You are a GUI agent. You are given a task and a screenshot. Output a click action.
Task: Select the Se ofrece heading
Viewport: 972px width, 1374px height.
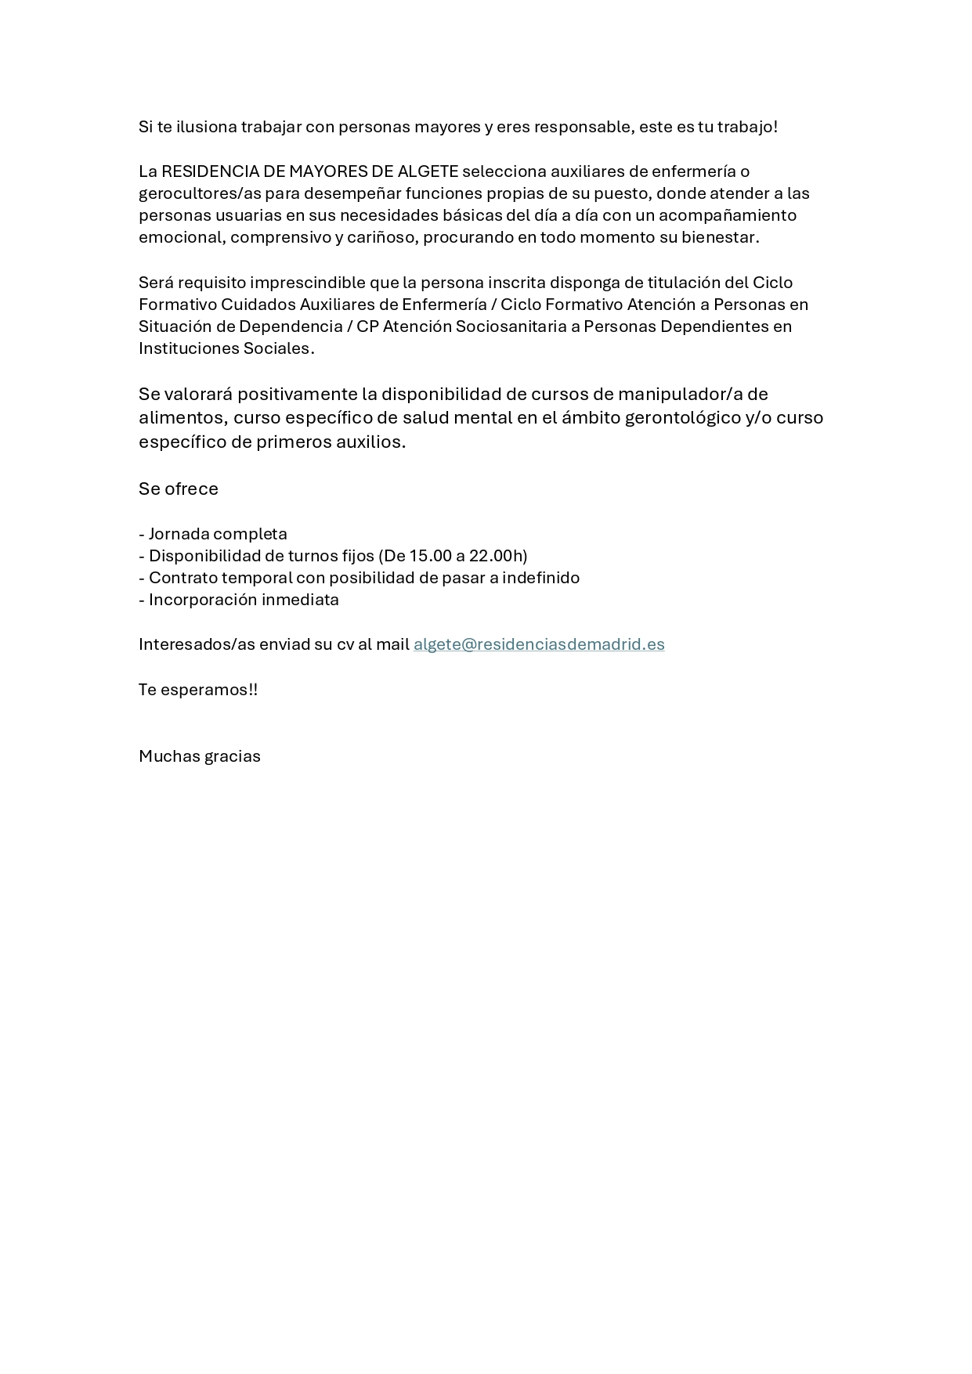(x=179, y=489)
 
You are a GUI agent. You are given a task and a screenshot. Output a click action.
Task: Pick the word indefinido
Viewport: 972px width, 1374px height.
(x=541, y=578)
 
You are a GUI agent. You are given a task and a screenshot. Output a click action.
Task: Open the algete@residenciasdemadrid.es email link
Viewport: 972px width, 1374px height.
(x=539, y=644)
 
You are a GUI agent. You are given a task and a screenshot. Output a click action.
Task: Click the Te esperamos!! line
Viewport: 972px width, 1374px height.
(x=198, y=690)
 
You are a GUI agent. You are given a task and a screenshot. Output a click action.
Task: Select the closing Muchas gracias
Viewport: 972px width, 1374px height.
(x=200, y=756)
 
